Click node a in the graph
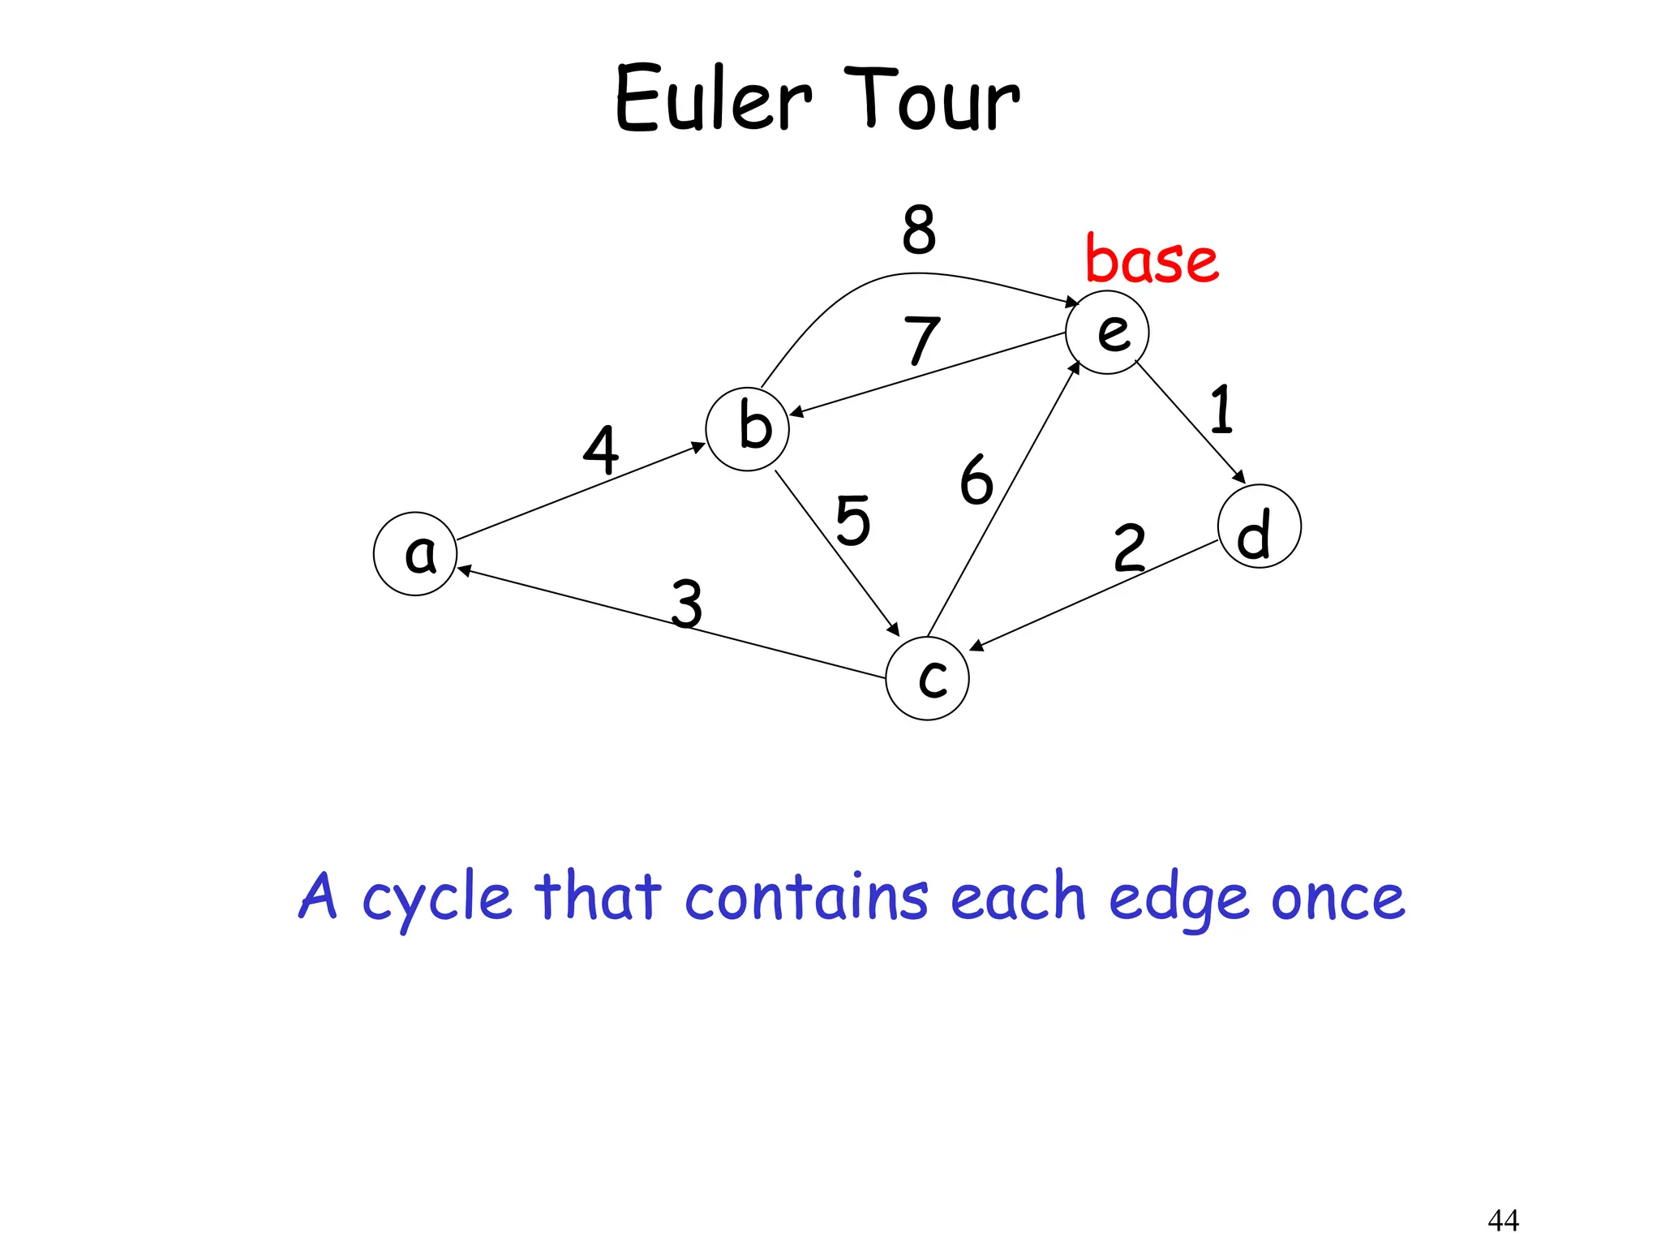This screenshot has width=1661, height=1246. click(x=415, y=554)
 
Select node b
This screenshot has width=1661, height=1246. click(x=747, y=429)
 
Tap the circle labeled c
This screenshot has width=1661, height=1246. click(x=927, y=678)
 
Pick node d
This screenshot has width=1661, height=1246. click(x=1259, y=526)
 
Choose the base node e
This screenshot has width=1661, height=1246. click(x=1107, y=333)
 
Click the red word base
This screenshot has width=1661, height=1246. click(x=1152, y=260)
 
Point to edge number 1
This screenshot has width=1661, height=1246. click(x=1221, y=409)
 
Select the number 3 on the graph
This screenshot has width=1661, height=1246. click(x=687, y=604)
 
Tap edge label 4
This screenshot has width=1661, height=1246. click(x=601, y=449)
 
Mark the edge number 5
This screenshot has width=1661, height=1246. click(x=853, y=521)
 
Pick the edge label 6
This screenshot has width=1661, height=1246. click(x=976, y=480)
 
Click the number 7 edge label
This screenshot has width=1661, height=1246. click(x=922, y=341)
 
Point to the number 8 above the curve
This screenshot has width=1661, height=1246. click(x=919, y=230)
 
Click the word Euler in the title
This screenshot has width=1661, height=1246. click(x=713, y=99)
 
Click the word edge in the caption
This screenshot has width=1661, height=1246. click(x=1178, y=899)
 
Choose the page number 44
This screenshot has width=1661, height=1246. click(x=1503, y=1219)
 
